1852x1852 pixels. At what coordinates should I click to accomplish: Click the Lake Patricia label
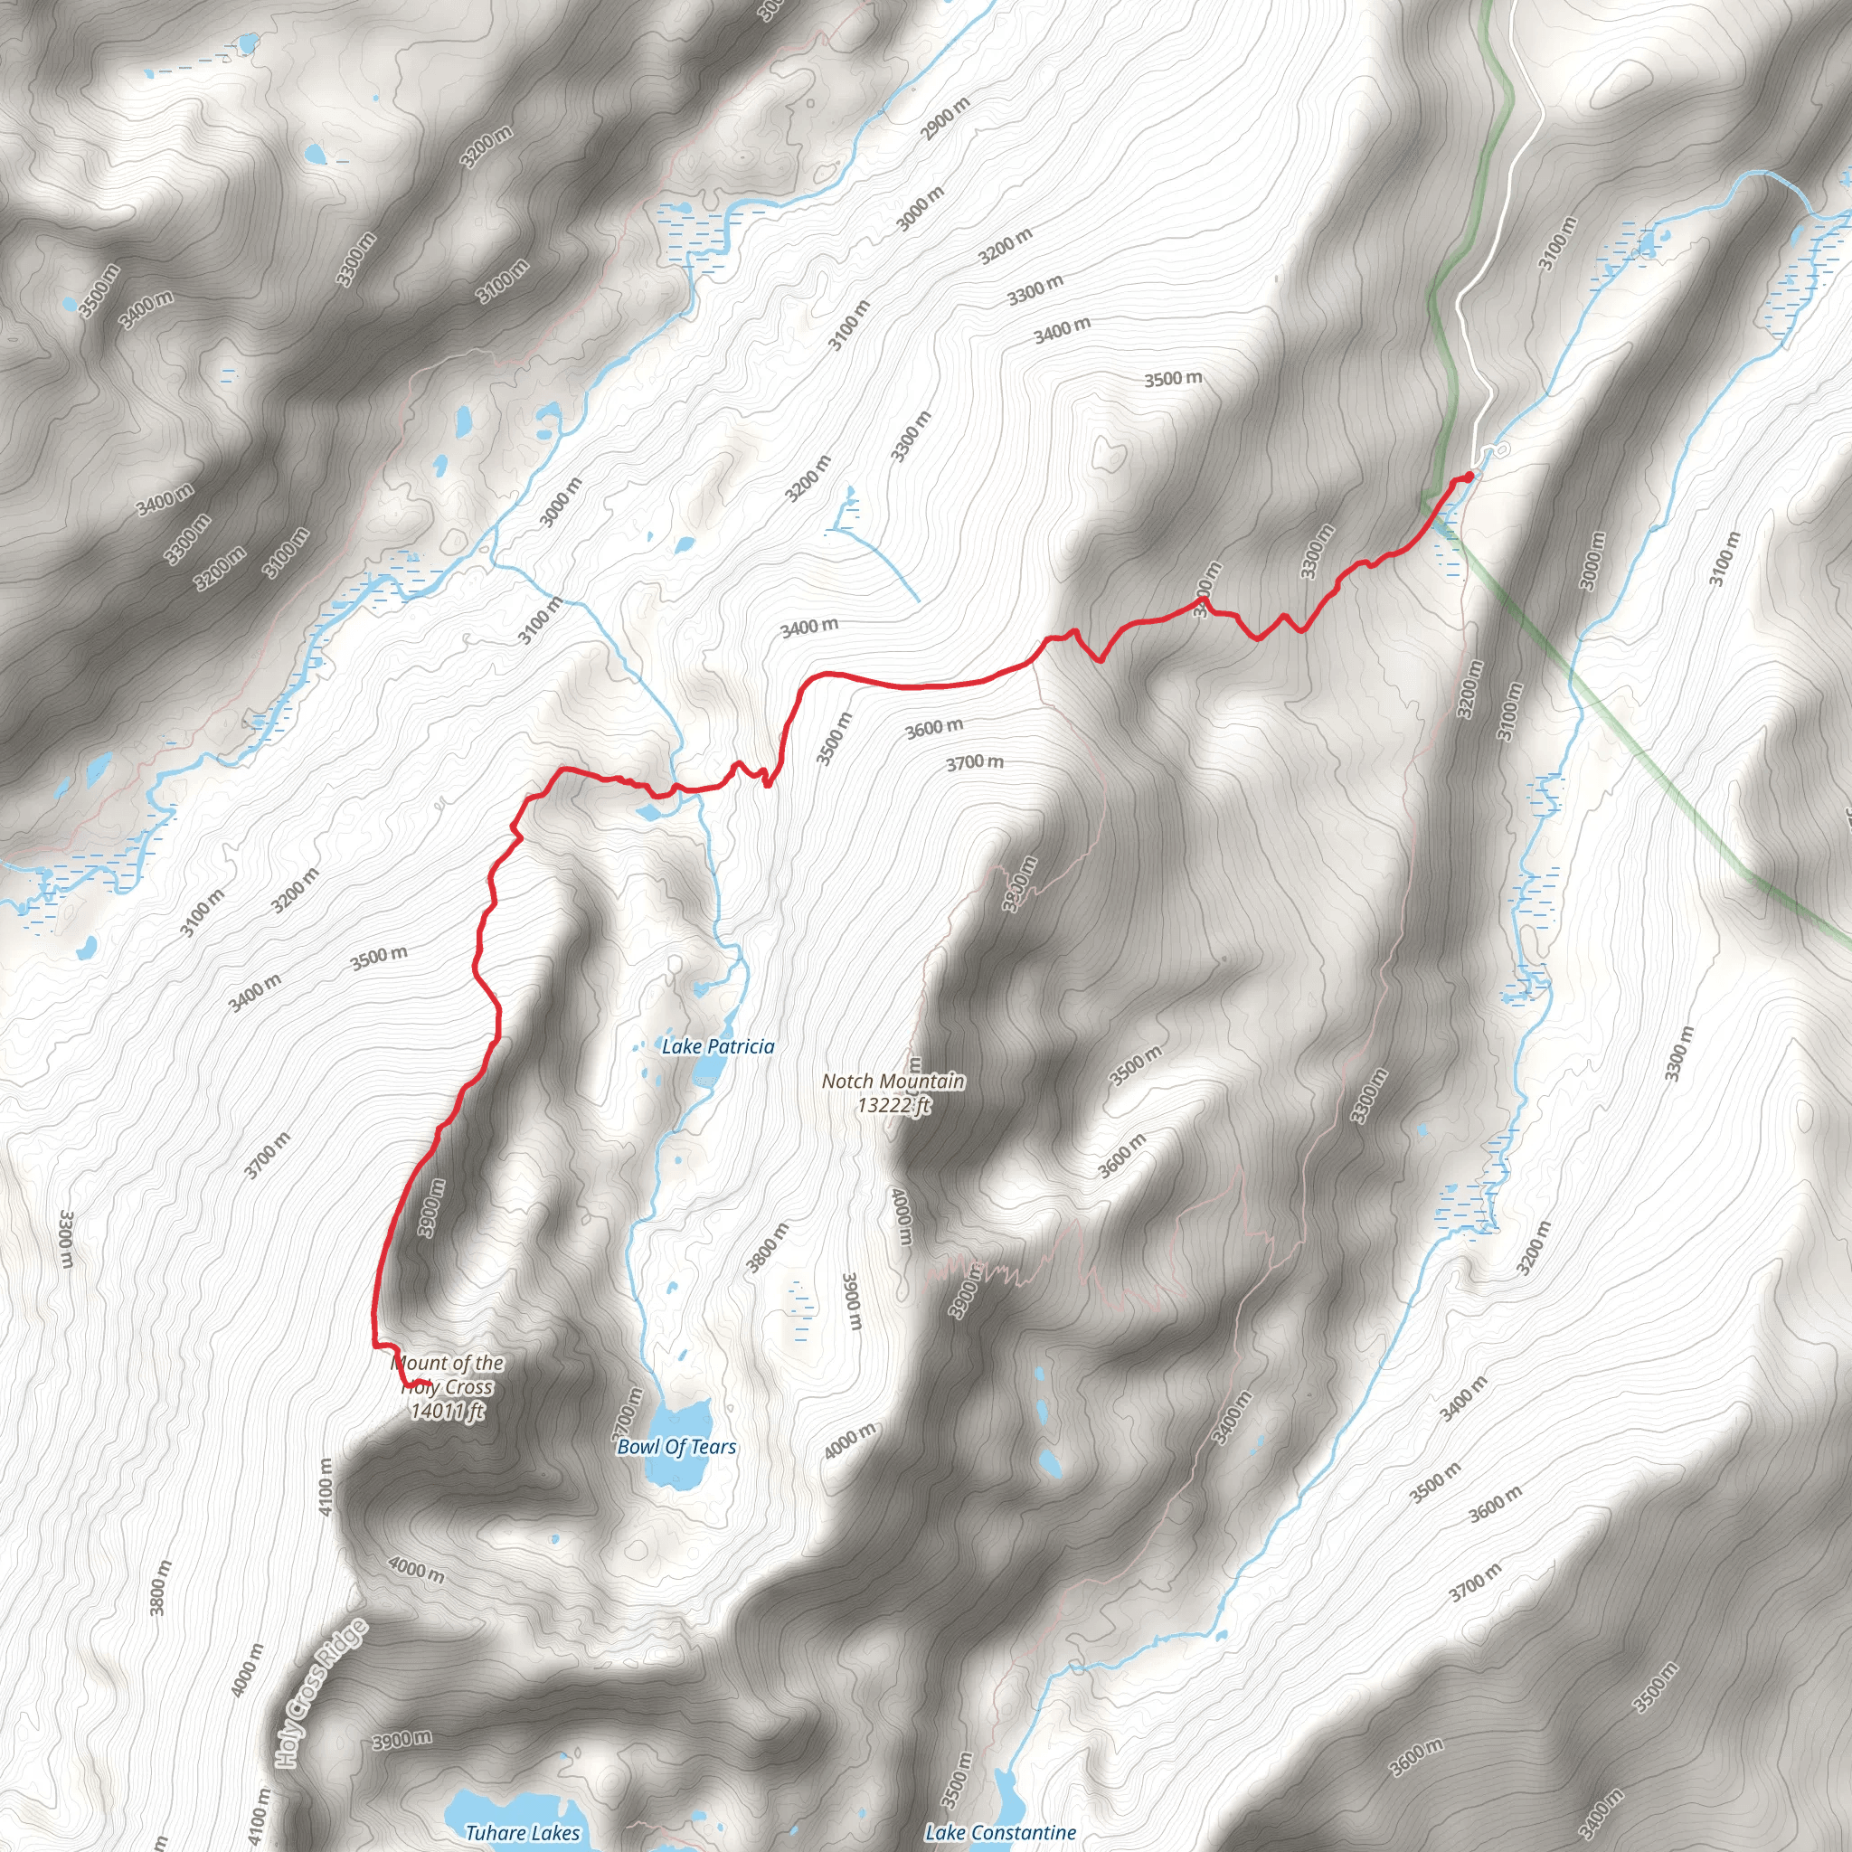tap(718, 1047)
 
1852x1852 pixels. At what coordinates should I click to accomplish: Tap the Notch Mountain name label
tap(893, 1082)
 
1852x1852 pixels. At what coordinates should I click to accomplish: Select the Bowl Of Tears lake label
tap(676, 1448)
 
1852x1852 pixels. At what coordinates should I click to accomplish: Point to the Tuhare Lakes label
tap(523, 1834)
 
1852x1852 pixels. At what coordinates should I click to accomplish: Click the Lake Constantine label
tap(1000, 1833)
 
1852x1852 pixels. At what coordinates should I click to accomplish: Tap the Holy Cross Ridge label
tap(321, 1693)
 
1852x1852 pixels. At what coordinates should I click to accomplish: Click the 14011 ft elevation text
tap(448, 1411)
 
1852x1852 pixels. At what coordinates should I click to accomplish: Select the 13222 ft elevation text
tap(893, 1105)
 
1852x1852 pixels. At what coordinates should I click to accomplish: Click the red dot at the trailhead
tap(1469, 477)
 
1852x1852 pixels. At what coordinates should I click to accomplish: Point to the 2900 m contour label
tap(946, 118)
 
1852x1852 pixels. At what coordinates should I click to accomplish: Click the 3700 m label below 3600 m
tap(975, 763)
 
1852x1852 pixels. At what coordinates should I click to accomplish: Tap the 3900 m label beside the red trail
tap(431, 1207)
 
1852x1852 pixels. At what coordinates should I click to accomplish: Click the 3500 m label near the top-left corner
tap(100, 289)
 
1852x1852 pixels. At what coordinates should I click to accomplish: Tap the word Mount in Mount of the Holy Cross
tap(420, 1363)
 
